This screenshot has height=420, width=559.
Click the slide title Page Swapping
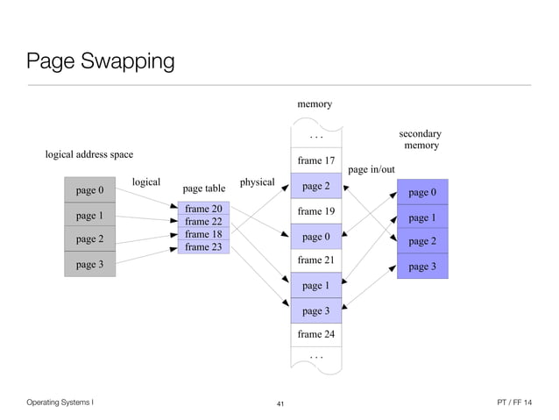coord(100,62)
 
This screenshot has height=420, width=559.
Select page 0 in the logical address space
coord(89,190)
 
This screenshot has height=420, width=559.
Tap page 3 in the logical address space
coord(89,264)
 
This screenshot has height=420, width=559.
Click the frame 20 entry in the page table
coord(203,209)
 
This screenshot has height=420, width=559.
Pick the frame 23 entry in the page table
coord(203,247)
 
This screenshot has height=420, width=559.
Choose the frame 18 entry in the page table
coord(203,234)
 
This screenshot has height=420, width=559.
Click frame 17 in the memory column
coord(315,160)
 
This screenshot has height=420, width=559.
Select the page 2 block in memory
coord(315,186)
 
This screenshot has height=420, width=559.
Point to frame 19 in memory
coord(315,211)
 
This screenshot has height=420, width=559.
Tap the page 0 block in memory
coord(315,237)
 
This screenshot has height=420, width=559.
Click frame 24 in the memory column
coord(315,334)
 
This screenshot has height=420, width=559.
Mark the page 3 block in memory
coord(315,310)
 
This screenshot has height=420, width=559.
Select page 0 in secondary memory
coord(422,192)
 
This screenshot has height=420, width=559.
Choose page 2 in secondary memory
coord(422,241)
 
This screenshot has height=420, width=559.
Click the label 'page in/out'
coord(371,169)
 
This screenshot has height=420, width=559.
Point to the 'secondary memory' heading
coord(421,139)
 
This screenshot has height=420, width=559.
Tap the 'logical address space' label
coord(89,154)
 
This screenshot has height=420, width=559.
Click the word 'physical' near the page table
coord(257,182)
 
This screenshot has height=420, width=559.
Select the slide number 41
coord(280,403)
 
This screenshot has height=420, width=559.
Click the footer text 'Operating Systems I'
coord(60,402)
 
